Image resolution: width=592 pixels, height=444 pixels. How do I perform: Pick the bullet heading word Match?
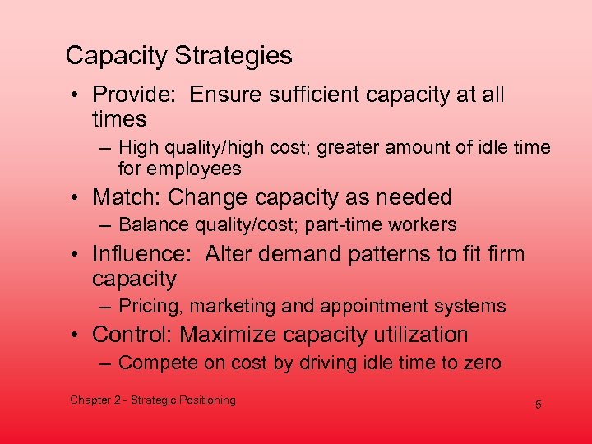(125, 197)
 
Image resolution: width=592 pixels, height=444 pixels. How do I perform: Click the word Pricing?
(150, 307)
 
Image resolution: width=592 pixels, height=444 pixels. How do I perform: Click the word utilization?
(419, 335)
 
